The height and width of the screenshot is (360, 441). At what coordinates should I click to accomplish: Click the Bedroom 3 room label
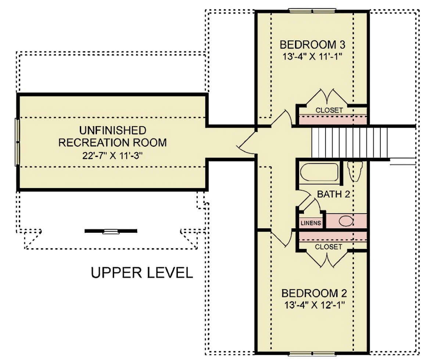pyautogui.click(x=312, y=45)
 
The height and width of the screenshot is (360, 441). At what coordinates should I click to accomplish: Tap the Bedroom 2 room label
pyautogui.click(x=314, y=293)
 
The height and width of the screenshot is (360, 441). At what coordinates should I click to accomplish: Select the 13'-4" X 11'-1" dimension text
pyautogui.click(x=312, y=57)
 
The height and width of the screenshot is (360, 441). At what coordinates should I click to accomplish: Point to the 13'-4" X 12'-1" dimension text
pyautogui.click(x=314, y=305)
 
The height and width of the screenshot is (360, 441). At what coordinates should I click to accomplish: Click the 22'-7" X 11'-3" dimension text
pyautogui.click(x=112, y=156)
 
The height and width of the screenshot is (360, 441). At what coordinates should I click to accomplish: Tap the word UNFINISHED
pyautogui.click(x=113, y=130)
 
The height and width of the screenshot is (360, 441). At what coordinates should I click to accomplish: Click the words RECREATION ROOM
pyautogui.click(x=112, y=143)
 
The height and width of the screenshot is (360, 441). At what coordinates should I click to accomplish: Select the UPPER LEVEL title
pyautogui.click(x=142, y=272)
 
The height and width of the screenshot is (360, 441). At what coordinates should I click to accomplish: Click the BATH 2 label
pyautogui.click(x=334, y=194)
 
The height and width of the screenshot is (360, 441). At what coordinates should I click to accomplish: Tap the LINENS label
pyautogui.click(x=311, y=223)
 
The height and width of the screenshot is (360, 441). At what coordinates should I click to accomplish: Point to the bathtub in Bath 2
pyautogui.click(x=319, y=172)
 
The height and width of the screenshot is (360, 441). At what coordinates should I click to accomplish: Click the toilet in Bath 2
pyautogui.click(x=355, y=171)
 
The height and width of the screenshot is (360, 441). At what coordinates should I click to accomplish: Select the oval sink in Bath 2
pyautogui.click(x=346, y=221)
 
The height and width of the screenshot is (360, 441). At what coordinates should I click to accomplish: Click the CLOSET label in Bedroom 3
pyautogui.click(x=329, y=110)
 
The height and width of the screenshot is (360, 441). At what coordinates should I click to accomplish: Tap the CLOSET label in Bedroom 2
pyautogui.click(x=329, y=247)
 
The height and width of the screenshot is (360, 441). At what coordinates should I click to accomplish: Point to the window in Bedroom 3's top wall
pyautogui.click(x=312, y=11)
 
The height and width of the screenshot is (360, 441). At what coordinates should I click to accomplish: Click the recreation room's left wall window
pyautogui.click(x=17, y=142)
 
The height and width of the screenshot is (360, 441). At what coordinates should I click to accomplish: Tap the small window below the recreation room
pyautogui.click(x=111, y=231)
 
